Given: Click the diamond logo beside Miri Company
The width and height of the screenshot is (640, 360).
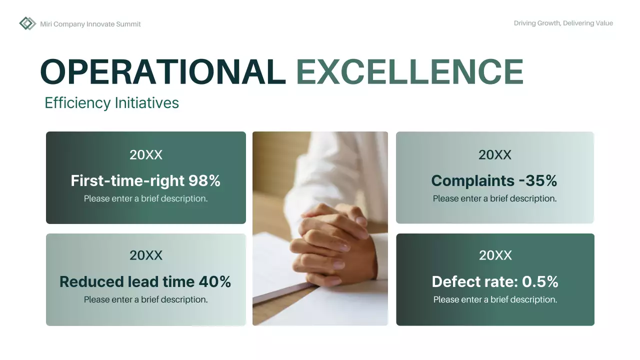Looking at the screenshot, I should tap(27, 23).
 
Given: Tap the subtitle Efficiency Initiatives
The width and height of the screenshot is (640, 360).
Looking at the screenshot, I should tap(111, 103).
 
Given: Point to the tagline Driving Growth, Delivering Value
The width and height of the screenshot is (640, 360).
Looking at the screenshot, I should tap(563, 23).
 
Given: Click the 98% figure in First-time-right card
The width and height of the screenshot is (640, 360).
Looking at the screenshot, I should tap(204, 180).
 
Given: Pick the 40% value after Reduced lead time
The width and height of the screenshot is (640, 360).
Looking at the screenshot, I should tap(214, 281).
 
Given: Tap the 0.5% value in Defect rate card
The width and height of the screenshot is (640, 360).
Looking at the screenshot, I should tap(540, 281).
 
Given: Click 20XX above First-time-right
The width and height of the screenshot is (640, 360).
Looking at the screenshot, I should tap(146, 155).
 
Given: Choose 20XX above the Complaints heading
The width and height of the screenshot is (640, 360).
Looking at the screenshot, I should tap(495, 155).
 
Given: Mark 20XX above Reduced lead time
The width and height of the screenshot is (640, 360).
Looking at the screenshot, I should tap(146, 255).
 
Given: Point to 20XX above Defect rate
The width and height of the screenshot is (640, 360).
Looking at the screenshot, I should tap(495, 255).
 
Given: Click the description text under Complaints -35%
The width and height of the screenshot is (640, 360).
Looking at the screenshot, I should tap(494, 198).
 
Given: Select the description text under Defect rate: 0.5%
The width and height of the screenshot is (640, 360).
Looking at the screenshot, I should tap(495, 299).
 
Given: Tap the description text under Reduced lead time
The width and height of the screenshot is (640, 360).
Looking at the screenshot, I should tap(145, 299).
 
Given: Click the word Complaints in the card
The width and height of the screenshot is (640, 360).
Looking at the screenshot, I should tap(466, 180).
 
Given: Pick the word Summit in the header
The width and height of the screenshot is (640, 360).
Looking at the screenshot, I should tap(128, 24).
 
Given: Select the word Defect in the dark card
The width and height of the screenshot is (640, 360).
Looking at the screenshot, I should tap(453, 281).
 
